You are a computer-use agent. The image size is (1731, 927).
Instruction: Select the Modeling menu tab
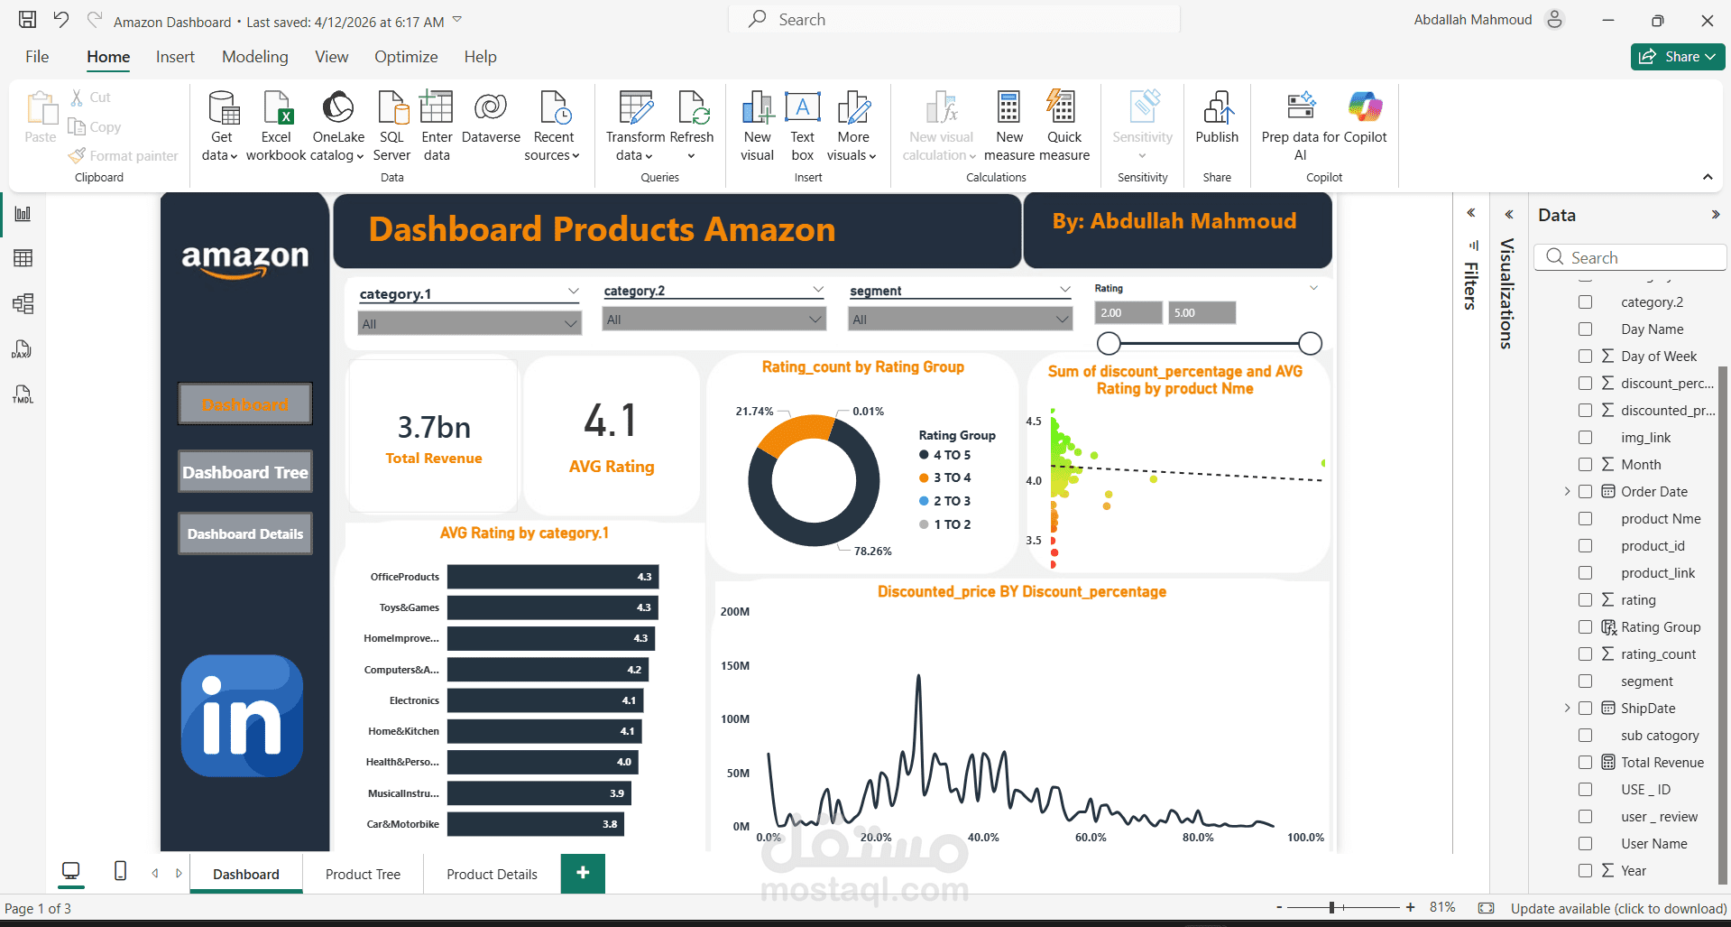[x=255, y=57]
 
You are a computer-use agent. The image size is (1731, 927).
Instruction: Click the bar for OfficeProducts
[x=552, y=577]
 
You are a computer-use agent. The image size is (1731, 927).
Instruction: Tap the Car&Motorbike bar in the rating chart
[x=535, y=824]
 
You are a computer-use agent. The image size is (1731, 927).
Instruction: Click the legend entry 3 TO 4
[x=952, y=477]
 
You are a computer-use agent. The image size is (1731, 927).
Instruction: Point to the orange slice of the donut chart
[x=790, y=431]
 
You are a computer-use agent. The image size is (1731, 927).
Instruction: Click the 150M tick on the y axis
[x=735, y=666]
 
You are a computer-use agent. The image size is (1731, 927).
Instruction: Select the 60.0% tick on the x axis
[x=1091, y=838]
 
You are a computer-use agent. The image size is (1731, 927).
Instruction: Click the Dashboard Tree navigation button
[x=245, y=472]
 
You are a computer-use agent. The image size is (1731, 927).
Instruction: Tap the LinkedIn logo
[x=242, y=716]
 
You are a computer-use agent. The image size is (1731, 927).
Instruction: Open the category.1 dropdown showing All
[x=469, y=323]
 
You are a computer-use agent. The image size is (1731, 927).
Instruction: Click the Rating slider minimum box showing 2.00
[x=1128, y=313]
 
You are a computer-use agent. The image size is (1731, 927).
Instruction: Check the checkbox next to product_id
[x=1585, y=546]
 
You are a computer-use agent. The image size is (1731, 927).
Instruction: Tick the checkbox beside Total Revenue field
[x=1585, y=763]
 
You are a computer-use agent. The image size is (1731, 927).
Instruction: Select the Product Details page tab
[x=492, y=875]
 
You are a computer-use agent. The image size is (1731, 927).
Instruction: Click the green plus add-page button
[x=583, y=873]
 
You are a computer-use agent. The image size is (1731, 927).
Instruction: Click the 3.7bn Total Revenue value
[x=434, y=427]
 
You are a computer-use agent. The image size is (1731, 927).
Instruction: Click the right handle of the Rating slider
[x=1310, y=343]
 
